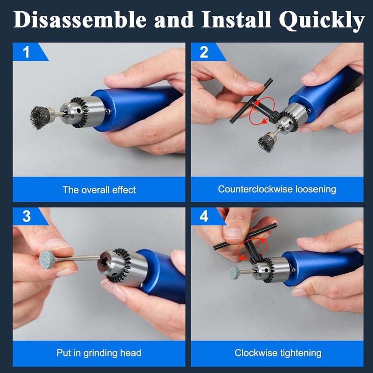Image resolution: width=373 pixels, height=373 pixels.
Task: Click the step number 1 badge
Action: [x=27, y=52]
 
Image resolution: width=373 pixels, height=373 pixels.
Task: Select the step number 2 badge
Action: [x=204, y=52]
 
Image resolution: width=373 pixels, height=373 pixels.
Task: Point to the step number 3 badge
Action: [x=27, y=217]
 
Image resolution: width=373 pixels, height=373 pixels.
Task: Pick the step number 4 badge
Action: [x=204, y=217]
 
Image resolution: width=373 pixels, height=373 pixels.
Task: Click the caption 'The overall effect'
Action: [x=99, y=190]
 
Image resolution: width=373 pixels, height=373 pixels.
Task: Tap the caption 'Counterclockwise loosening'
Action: [x=277, y=189]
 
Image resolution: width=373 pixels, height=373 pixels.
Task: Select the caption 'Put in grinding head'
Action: [x=99, y=353]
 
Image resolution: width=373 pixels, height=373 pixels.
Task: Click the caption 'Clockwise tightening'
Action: [x=277, y=353]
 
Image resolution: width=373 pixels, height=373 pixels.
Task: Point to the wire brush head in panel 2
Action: [x=267, y=140]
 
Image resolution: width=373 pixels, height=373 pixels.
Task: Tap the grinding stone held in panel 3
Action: [x=47, y=259]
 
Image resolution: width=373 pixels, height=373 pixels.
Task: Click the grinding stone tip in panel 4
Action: [x=235, y=273]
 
